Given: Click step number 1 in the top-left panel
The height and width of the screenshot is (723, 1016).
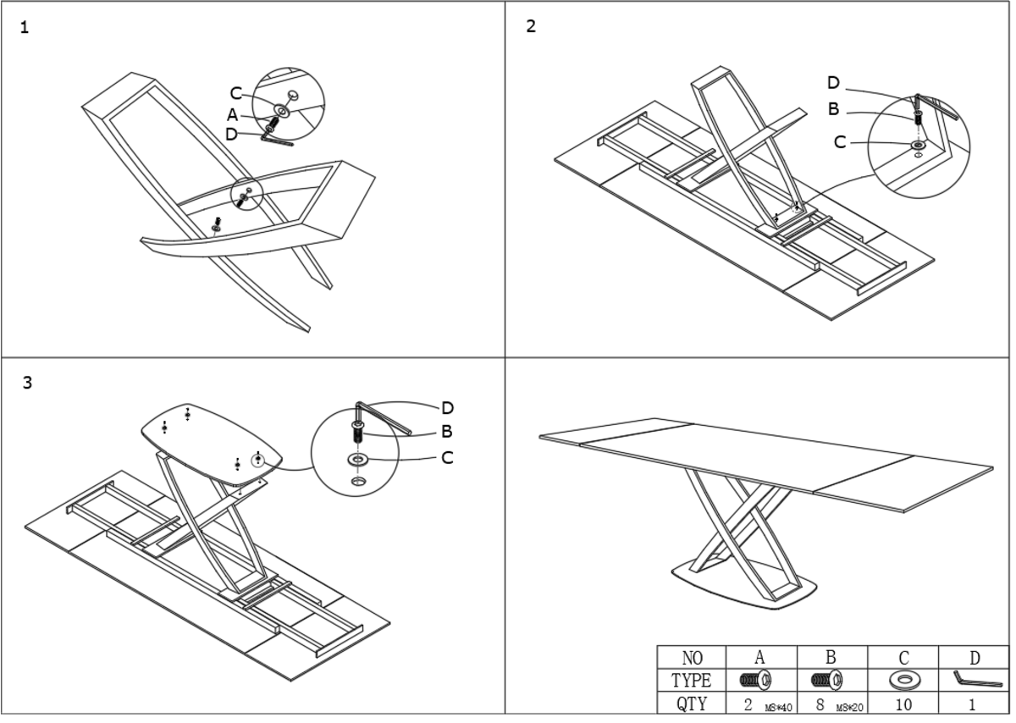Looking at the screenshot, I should [24, 28].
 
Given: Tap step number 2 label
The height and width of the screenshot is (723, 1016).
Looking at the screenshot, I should [531, 26].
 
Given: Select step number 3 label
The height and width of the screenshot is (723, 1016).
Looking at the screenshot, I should [27, 383].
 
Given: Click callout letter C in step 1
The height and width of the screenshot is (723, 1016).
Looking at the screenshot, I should [236, 93].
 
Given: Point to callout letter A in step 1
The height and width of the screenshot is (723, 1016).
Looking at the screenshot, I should [232, 115].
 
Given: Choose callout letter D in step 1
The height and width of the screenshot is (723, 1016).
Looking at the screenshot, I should [232, 134].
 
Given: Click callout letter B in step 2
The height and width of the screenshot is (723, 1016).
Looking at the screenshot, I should [833, 108].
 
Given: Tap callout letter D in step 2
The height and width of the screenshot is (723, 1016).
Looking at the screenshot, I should [833, 83].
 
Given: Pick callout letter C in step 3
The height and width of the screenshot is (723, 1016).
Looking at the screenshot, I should [447, 458].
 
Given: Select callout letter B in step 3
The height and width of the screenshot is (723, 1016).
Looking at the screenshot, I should [447, 432].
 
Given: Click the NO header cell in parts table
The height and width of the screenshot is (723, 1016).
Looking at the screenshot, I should [692, 658].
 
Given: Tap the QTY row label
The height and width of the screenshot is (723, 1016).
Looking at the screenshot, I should [692, 703].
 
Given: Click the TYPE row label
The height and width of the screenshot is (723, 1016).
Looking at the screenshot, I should [692, 680].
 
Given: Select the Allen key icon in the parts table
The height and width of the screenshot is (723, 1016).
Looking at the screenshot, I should [975, 680].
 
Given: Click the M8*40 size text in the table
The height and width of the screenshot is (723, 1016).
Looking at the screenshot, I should [777, 706].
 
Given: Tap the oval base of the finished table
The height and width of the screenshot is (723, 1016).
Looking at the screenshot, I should [745, 589].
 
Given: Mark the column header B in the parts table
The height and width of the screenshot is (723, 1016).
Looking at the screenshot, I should [831, 658].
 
